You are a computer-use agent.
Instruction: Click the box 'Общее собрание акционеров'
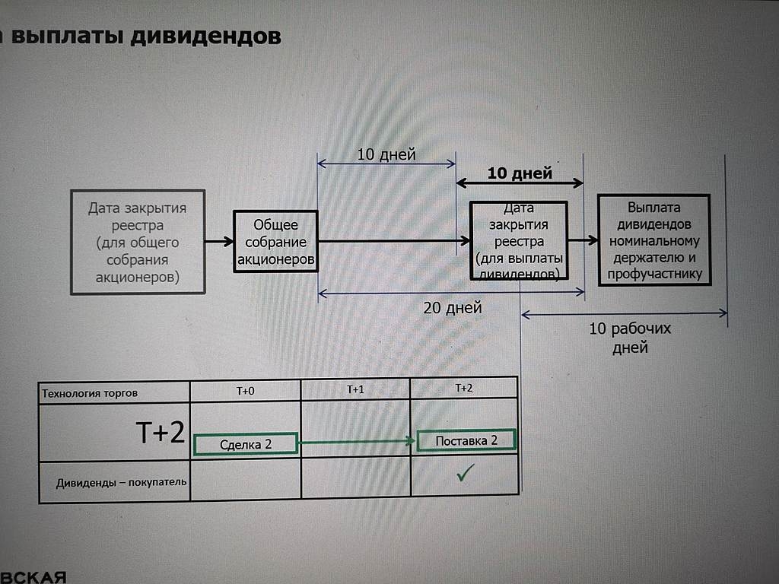(275, 241)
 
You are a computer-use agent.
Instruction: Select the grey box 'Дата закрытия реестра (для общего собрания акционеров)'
(137, 242)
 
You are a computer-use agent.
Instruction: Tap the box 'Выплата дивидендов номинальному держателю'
(653, 240)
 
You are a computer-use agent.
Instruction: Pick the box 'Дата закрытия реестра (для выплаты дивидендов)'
(519, 241)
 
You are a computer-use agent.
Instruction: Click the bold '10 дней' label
(520, 173)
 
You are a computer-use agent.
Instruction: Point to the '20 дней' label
(452, 308)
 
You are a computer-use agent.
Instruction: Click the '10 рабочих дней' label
(630, 338)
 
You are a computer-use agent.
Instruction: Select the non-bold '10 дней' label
(386, 154)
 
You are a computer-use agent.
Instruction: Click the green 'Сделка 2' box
(246, 443)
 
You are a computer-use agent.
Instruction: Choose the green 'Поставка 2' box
(466, 440)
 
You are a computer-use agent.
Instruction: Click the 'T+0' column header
(245, 391)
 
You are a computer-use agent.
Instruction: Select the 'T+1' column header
(355, 389)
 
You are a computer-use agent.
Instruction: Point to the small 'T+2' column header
(463, 388)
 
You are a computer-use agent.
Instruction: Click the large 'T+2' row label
(161, 433)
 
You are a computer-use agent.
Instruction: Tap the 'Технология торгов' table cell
(90, 393)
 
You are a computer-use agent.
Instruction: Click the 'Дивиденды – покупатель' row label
(121, 482)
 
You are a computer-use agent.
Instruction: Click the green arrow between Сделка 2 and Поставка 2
(357, 442)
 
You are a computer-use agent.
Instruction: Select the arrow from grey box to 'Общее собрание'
(219, 242)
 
